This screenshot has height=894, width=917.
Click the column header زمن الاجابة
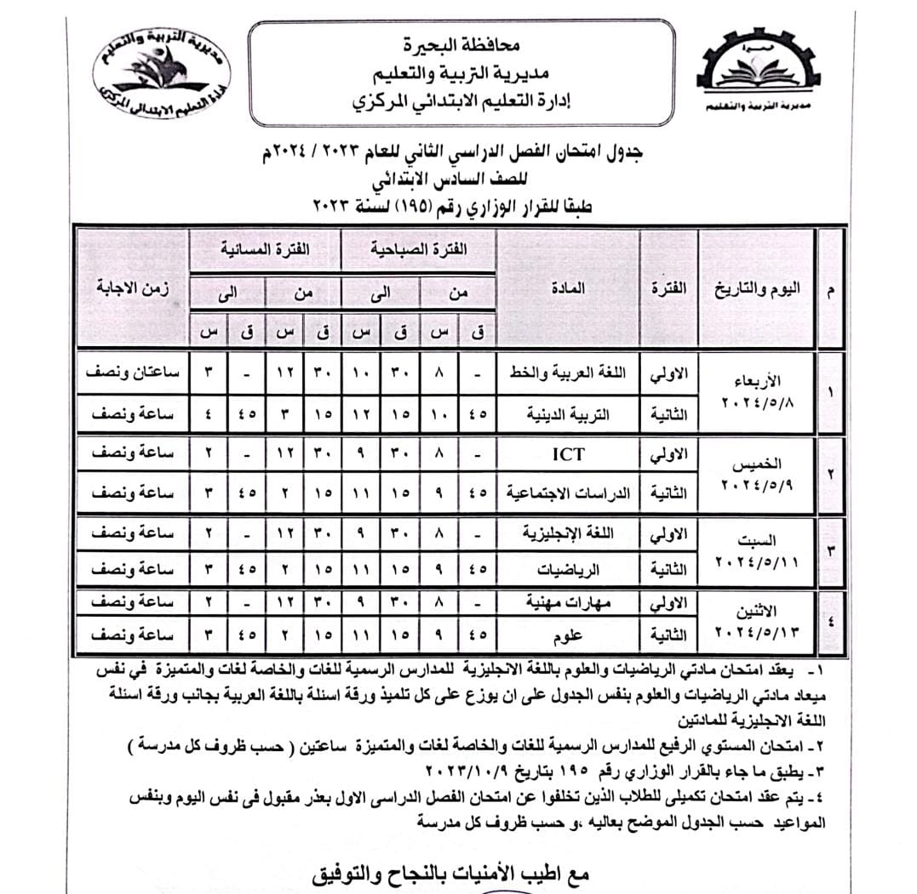[x=132, y=288]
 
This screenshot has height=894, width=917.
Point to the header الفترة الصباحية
[x=418, y=251]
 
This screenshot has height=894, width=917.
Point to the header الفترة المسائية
[x=267, y=251]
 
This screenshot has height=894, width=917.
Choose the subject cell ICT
[x=568, y=453]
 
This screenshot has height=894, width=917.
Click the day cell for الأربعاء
[x=756, y=391]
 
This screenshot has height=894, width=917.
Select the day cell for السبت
[x=756, y=550]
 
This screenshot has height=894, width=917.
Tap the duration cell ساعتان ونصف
[x=132, y=374]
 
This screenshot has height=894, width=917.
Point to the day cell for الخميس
[x=756, y=475]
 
